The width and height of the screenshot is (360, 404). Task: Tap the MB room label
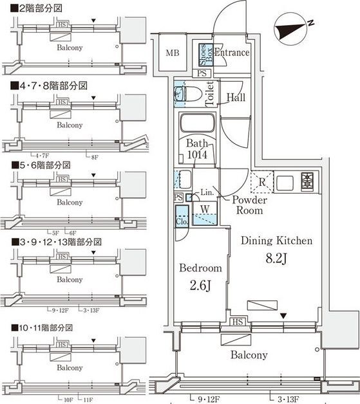click(172, 53)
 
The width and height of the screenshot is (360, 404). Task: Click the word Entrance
click(231, 53)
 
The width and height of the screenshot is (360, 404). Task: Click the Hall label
click(236, 98)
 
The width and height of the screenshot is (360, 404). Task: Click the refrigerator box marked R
click(262, 182)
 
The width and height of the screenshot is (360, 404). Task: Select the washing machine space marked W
click(204, 209)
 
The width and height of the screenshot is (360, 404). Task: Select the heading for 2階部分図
click(36, 8)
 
